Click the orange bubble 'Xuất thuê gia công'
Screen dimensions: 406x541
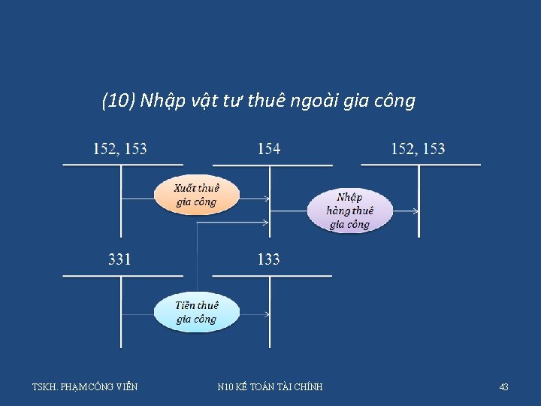tap(196, 195)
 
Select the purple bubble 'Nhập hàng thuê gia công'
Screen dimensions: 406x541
tap(349, 211)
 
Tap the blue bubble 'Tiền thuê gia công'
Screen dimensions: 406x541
tap(196, 312)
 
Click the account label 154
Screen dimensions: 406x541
tap(268, 149)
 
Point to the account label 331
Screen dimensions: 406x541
tap(119, 259)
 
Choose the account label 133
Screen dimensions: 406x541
tap(268, 259)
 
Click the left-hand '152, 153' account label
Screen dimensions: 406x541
tap(119, 149)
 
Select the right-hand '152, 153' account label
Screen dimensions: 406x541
tap(418, 149)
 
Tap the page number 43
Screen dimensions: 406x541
tap(503, 387)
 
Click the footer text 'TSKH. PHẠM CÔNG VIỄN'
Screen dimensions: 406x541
tap(85, 387)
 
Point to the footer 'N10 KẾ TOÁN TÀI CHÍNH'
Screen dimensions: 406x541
tap(270, 387)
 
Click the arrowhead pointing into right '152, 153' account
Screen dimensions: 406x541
tap(416, 211)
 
